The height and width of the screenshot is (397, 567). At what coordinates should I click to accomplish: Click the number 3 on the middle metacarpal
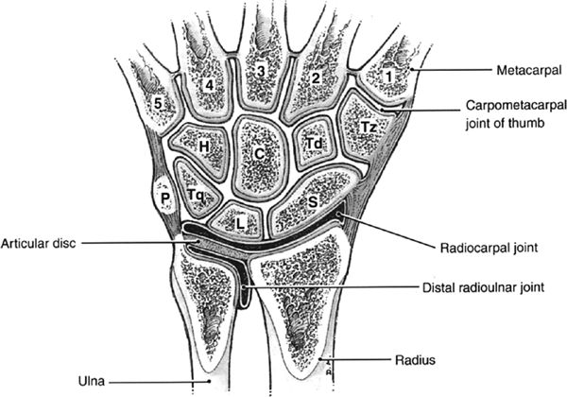point(260,72)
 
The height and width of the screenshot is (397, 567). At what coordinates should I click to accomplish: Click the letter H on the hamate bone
point(203,147)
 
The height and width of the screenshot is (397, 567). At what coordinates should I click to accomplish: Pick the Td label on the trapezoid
point(315,143)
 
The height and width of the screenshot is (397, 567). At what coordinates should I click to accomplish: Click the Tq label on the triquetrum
point(197,195)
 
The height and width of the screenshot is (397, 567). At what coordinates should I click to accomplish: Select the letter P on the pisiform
point(164,198)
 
